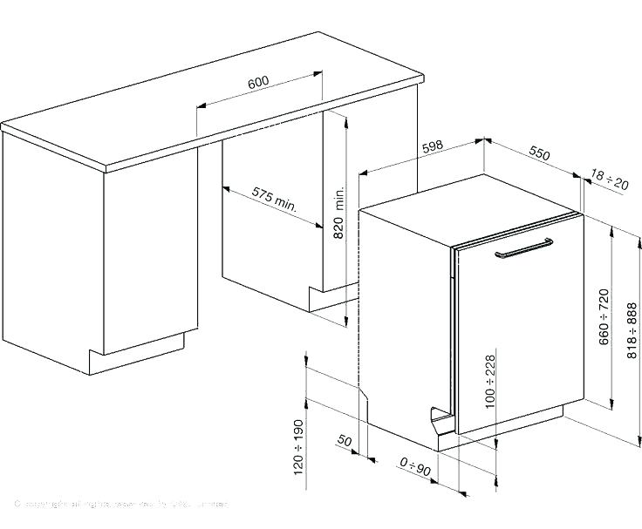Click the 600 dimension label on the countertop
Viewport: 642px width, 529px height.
pyautogui.click(x=258, y=83)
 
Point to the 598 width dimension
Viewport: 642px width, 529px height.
pyautogui.click(x=433, y=148)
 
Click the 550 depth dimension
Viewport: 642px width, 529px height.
pyautogui.click(x=540, y=154)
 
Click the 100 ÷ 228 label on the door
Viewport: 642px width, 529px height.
pyautogui.click(x=490, y=381)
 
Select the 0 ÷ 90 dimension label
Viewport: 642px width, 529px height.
pyautogui.click(x=416, y=471)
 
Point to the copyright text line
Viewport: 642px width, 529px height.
pyautogui.click(x=122, y=504)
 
